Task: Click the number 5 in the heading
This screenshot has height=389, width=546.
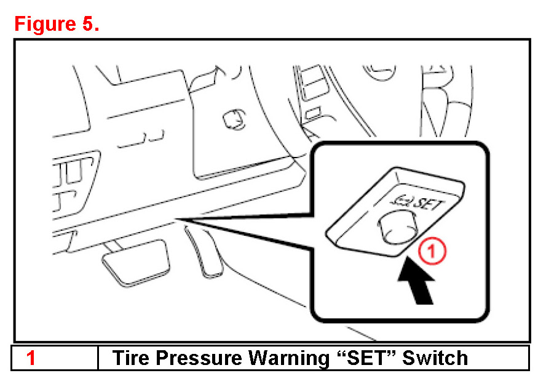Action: [x=88, y=24]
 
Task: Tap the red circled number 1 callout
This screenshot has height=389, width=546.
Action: [x=432, y=251]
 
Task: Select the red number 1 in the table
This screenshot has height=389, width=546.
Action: [x=31, y=358]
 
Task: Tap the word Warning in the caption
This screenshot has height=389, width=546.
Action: [x=289, y=359]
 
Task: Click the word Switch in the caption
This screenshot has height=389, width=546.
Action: [x=435, y=358]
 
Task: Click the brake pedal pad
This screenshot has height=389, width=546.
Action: [x=136, y=262]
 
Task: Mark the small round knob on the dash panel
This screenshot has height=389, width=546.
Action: [x=234, y=119]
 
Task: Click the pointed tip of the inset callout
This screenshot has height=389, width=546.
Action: [x=177, y=219]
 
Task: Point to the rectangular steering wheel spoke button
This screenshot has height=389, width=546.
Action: [x=314, y=84]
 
